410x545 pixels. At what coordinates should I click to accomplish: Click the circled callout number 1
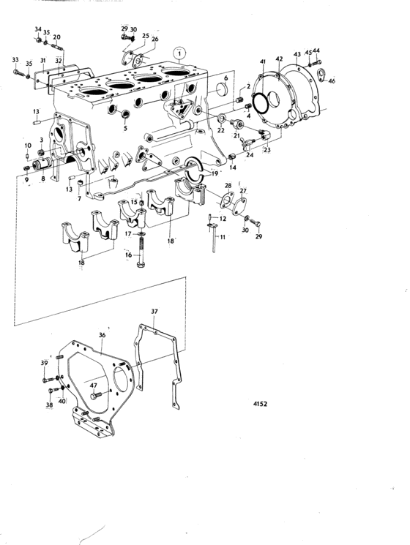click(x=179, y=54)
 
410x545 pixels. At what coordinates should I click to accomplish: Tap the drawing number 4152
click(x=260, y=404)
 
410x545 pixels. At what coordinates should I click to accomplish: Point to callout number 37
click(x=154, y=312)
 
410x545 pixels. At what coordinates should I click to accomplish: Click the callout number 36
click(x=102, y=335)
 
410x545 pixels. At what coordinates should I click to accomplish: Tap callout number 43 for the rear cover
click(x=297, y=54)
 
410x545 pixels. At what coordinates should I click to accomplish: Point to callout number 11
click(x=223, y=237)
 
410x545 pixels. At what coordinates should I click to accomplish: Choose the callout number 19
click(x=215, y=173)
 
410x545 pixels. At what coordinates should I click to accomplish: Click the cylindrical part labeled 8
click(x=41, y=164)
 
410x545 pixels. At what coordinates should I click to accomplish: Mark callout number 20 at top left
click(x=56, y=37)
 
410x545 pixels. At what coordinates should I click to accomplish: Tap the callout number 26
click(x=154, y=39)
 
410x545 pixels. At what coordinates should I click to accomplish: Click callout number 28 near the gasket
click(x=228, y=186)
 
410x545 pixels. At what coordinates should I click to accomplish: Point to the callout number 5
click(x=125, y=128)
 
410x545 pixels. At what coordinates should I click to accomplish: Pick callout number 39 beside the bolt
click(x=44, y=363)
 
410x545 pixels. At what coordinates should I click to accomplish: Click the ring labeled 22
click(x=221, y=119)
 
